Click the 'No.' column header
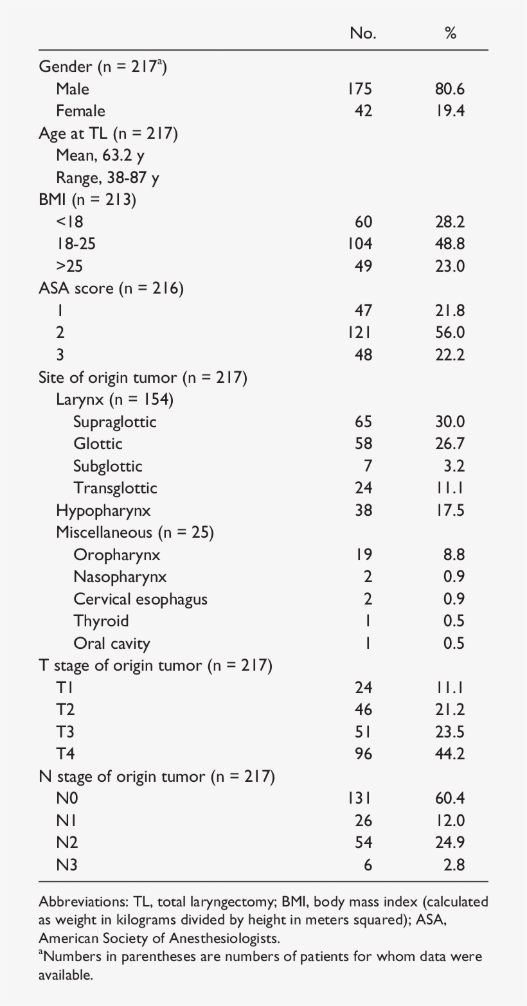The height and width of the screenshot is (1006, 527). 362,33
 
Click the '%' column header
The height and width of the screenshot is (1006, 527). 451,33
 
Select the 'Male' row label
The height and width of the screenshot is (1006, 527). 73,89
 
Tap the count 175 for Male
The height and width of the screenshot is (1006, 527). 360,89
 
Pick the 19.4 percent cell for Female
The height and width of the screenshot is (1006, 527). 449,111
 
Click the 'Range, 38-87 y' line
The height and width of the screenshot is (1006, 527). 107,177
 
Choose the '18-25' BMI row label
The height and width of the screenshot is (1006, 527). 76,244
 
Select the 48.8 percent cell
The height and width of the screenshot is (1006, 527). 449,244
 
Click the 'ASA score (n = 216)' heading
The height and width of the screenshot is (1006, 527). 111,288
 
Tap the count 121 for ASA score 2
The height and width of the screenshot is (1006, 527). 360,333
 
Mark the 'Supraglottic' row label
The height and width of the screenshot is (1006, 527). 114,421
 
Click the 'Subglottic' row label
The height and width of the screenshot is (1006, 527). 107,466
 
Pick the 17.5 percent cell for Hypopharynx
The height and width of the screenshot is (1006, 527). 449,511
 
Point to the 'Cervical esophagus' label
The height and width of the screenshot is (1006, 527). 140,599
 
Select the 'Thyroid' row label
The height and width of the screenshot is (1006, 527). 101,621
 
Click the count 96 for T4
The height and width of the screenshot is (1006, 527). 363,754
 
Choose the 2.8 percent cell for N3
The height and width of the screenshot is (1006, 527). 454,865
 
